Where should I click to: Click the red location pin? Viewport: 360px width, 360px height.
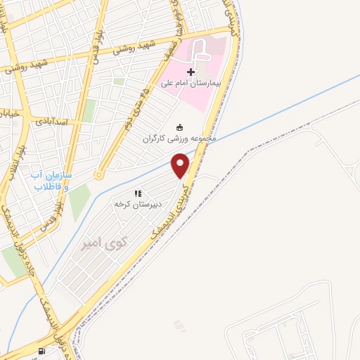click(181, 166)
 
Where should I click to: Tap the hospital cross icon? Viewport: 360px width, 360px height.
click(191, 72)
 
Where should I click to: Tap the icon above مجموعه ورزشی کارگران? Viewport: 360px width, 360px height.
click(180, 127)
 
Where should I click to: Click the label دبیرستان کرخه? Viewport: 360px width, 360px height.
click(139, 204)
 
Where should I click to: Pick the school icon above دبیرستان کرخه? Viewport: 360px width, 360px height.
click(139, 193)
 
